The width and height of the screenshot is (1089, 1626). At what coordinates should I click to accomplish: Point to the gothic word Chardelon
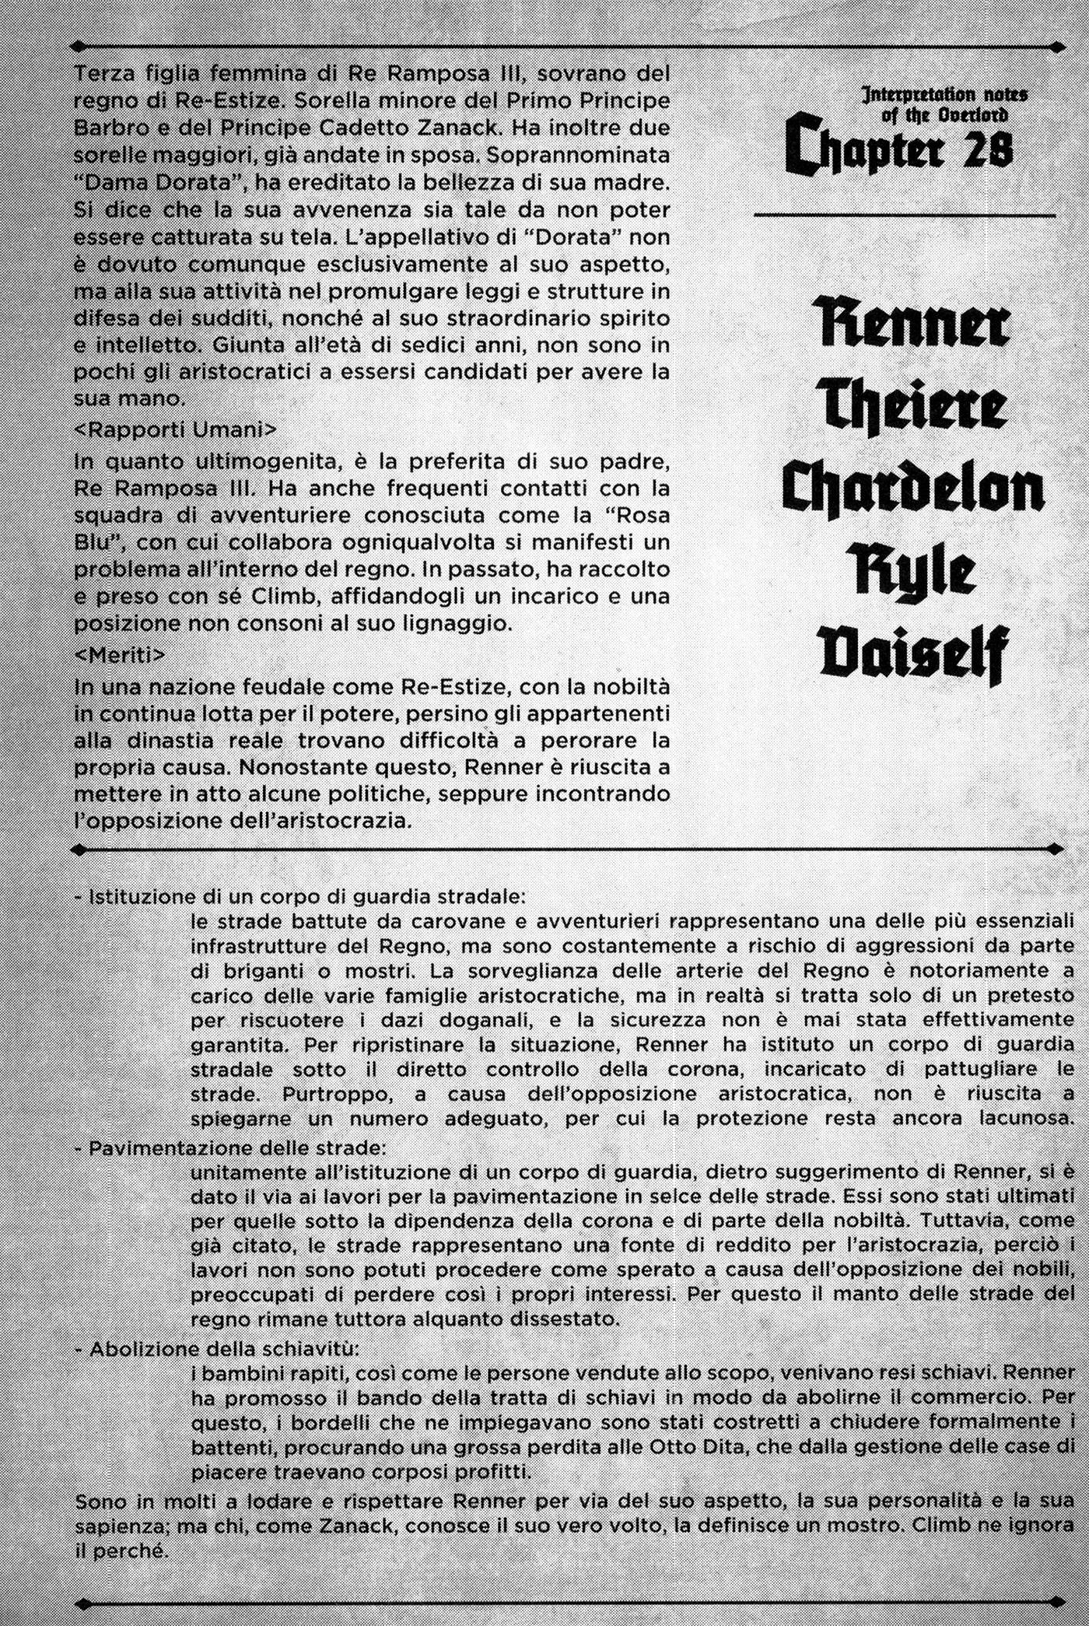coord(913,490)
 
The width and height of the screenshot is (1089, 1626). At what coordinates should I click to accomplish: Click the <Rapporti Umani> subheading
coord(175,429)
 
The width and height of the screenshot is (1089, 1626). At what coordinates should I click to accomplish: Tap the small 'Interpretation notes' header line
coord(945,95)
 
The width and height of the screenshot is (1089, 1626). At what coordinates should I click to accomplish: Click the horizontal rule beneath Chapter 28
coord(905,214)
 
